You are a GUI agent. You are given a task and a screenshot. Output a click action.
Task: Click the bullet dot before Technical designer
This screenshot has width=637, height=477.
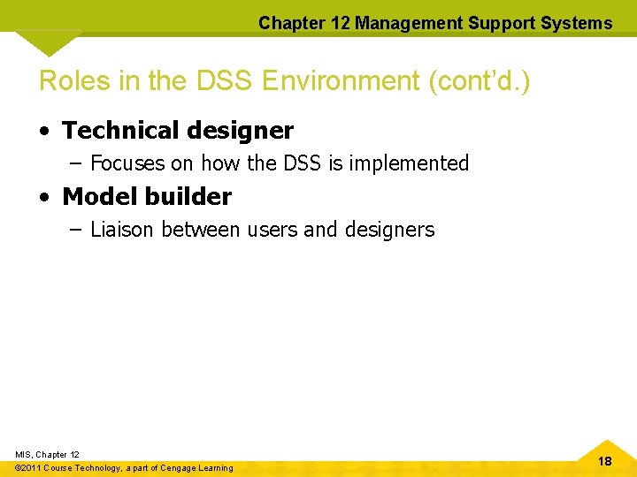coord(45,132)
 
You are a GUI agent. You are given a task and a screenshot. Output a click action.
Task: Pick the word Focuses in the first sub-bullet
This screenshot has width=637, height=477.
coord(127,163)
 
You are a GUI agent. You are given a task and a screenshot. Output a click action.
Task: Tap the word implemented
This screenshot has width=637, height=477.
coord(414,163)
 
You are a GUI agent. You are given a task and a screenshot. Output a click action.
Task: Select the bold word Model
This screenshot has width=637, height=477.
coord(96,196)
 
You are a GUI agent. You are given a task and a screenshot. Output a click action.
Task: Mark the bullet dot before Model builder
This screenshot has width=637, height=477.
coord(45,197)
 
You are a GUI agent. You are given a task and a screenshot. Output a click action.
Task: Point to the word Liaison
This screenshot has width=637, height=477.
coord(122,230)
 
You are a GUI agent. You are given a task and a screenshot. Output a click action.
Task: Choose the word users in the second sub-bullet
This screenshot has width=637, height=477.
coord(272,230)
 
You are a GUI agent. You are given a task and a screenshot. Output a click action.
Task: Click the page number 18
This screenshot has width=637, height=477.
coord(604,461)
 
